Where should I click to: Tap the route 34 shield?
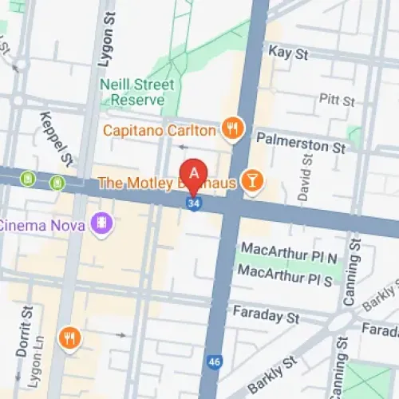[x=194, y=204]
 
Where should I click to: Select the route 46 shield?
[x=212, y=361]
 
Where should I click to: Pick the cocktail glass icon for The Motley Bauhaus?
[x=252, y=183]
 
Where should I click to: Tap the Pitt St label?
[x=337, y=101]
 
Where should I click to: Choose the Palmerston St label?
[x=301, y=148]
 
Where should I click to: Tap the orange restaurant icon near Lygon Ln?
[x=70, y=338]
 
